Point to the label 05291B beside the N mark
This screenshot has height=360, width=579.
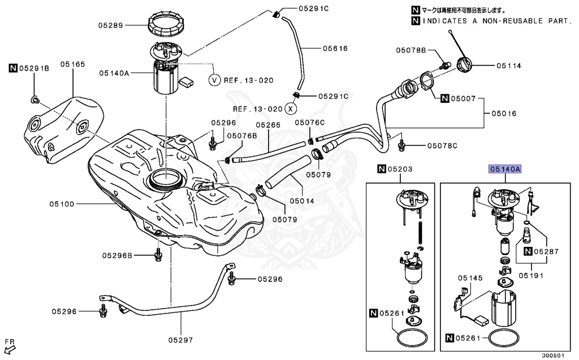34,68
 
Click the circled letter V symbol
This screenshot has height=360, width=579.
214,80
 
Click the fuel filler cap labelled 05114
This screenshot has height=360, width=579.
466,64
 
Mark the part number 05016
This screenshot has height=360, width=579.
503,113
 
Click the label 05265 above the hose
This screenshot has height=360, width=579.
268,125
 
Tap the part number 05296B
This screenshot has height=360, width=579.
117,255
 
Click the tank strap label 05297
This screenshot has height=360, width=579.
180,340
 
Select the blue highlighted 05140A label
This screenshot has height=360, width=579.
505,168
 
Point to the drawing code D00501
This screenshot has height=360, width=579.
554,356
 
